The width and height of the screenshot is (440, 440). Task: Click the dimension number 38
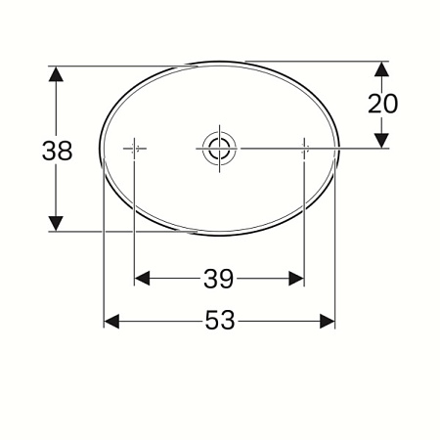point(57,150)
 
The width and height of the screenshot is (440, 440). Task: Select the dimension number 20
point(382,104)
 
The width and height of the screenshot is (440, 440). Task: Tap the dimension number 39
point(219,280)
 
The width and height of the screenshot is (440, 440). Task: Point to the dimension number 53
point(220,321)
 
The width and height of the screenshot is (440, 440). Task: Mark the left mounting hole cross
point(134,149)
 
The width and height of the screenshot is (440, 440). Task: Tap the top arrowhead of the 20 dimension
point(382,69)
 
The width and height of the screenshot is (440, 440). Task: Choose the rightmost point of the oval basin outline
point(339,149)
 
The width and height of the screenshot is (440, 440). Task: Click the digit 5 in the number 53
point(211,321)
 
